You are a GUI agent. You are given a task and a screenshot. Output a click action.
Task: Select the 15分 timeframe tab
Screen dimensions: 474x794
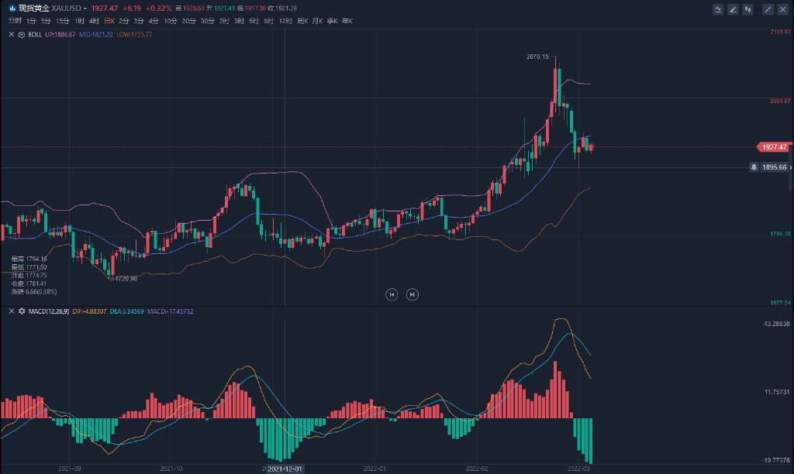(63, 21)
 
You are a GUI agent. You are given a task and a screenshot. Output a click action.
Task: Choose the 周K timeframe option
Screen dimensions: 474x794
(302, 21)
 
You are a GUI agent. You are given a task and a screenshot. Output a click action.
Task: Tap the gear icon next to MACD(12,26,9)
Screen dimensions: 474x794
(22, 311)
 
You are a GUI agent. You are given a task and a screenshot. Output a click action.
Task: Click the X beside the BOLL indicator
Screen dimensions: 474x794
(10, 35)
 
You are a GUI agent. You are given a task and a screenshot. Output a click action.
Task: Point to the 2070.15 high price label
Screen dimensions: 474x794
(537, 57)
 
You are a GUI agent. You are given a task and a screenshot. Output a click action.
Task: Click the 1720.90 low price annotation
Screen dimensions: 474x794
(124, 278)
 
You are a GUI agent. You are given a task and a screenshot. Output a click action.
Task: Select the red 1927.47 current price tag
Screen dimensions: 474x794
(772, 147)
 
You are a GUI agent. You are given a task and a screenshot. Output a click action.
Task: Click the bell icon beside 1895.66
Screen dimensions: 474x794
(754, 167)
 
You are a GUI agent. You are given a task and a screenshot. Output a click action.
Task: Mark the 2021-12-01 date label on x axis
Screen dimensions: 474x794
(285, 469)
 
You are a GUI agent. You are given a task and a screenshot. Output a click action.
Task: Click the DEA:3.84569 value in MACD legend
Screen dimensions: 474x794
(131, 311)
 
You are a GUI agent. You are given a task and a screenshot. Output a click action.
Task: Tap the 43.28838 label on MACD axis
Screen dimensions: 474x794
(776, 323)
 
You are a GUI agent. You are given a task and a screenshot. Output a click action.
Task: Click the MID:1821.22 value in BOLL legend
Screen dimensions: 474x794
(96, 35)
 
